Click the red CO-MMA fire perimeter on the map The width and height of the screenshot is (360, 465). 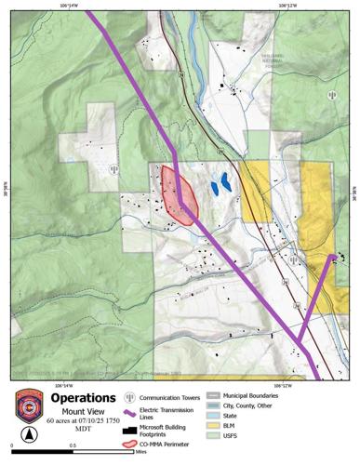[178, 194]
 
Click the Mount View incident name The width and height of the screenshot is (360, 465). [88, 410]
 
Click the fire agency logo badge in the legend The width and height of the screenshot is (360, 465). [30, 405]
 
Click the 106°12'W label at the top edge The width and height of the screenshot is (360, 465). [289, 6]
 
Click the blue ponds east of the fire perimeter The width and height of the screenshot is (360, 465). [220, 183]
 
